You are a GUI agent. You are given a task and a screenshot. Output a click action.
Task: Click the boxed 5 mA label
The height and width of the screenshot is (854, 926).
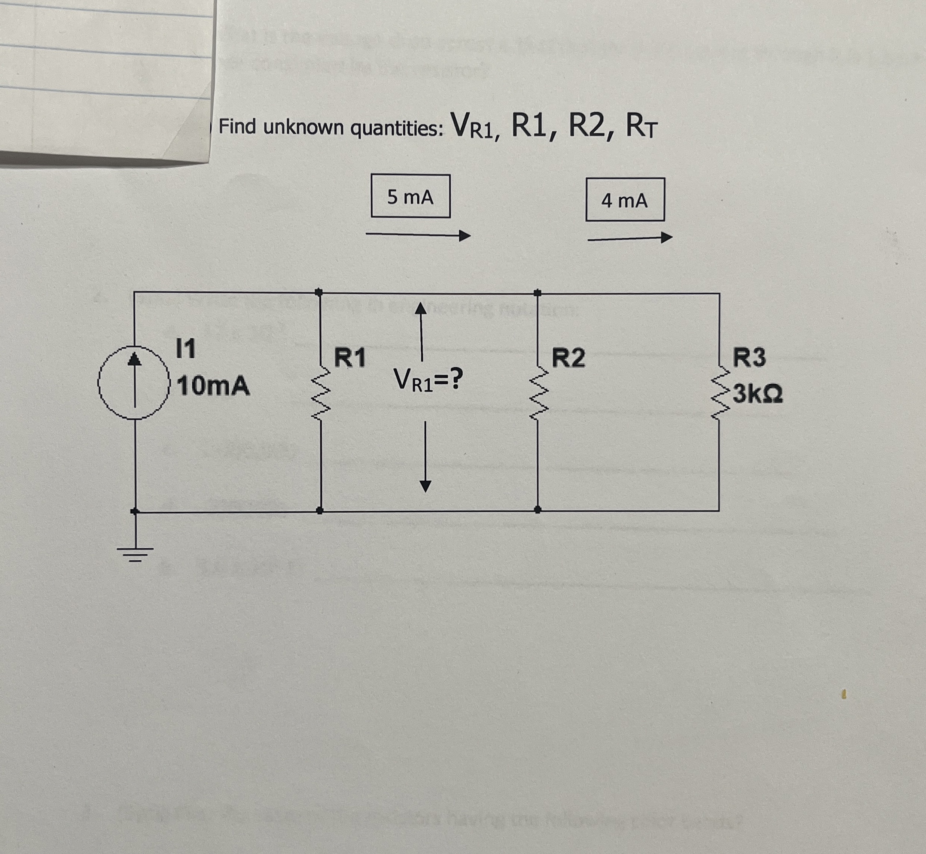[x=410, y=196]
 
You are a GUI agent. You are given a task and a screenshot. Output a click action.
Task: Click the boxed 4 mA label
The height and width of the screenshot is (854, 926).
[x=625, y=200]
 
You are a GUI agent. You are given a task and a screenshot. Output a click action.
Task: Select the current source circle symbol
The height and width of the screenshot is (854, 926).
[x=134, y=384]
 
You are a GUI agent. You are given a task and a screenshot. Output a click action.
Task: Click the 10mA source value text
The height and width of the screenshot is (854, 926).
[x=214, y=386]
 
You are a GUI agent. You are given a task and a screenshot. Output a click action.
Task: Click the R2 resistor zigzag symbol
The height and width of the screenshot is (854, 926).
[x=537, y=395]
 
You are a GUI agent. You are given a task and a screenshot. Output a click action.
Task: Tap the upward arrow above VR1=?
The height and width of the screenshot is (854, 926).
[x=421, y=332]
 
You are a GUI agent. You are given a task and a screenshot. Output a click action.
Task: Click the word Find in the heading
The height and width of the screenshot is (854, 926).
[x=237, y=127]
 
